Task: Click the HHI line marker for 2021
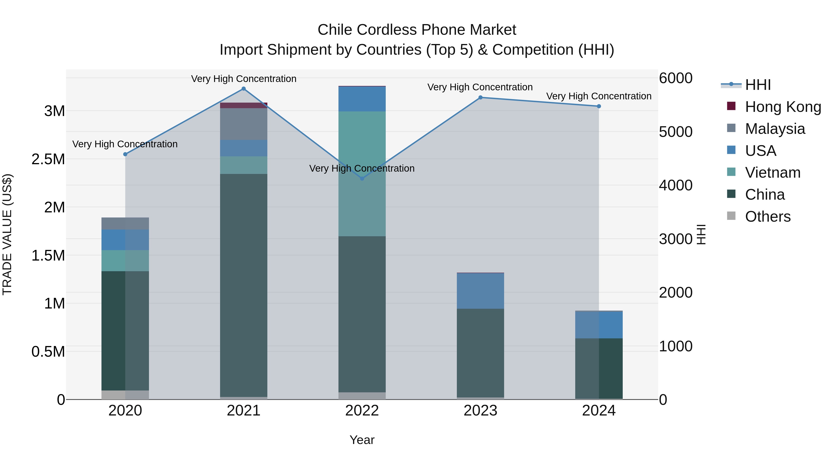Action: tap(243, 89)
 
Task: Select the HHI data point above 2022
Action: tap(362, 178)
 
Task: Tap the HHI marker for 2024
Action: tap(599, 106)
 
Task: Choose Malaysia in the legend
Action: tap(775, 129)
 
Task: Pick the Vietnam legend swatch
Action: tap(731, 172)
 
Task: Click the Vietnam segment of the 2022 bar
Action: tap(362, 174)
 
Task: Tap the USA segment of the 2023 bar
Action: tap(480, 291)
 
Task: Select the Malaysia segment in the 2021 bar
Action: tap(243, 124)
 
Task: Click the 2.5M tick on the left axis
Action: tap(48, 159)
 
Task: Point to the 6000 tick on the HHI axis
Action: tap(675, 78)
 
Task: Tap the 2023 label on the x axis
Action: tap(480, 411)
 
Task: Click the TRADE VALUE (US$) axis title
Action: tap(7, 234)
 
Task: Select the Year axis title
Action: tap(362, 440)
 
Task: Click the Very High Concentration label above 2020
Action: tap(125, 144)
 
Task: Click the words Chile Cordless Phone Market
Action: tap(417, 30)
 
